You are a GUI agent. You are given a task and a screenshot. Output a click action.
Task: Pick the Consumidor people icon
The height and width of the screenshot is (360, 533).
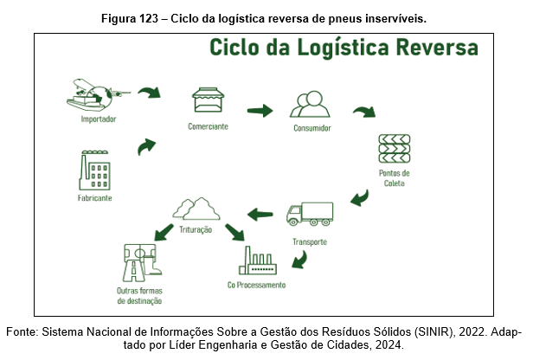pos(311,106)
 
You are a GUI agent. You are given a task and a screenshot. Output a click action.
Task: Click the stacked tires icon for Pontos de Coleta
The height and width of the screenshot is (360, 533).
pos(394,150)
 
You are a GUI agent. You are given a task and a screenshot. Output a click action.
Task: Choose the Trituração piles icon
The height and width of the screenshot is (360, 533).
pos(196,209)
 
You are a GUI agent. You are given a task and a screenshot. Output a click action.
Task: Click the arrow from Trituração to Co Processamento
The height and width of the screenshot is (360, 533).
pos(234,232)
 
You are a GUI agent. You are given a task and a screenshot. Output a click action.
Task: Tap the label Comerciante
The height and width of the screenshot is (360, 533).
pos(208,126)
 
